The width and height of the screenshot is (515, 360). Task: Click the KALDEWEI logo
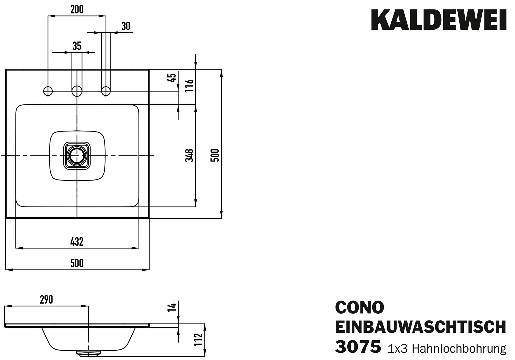439,20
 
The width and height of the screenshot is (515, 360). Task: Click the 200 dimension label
77,10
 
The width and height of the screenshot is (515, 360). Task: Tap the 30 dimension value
126,26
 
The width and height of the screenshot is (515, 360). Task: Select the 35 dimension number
77,46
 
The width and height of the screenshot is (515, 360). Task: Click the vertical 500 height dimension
216,155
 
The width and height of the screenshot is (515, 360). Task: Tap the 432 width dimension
77,242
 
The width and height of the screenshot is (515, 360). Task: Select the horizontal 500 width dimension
77,263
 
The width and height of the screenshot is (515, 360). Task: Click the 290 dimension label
46,300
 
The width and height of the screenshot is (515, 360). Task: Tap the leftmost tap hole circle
48,90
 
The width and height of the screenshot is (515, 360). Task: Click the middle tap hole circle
77,90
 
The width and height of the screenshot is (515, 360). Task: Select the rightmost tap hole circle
106,90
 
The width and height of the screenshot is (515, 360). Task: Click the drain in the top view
77,156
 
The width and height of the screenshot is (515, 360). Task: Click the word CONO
359,307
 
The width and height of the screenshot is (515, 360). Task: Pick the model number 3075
358,347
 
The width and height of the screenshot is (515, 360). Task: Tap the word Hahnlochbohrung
459,349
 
